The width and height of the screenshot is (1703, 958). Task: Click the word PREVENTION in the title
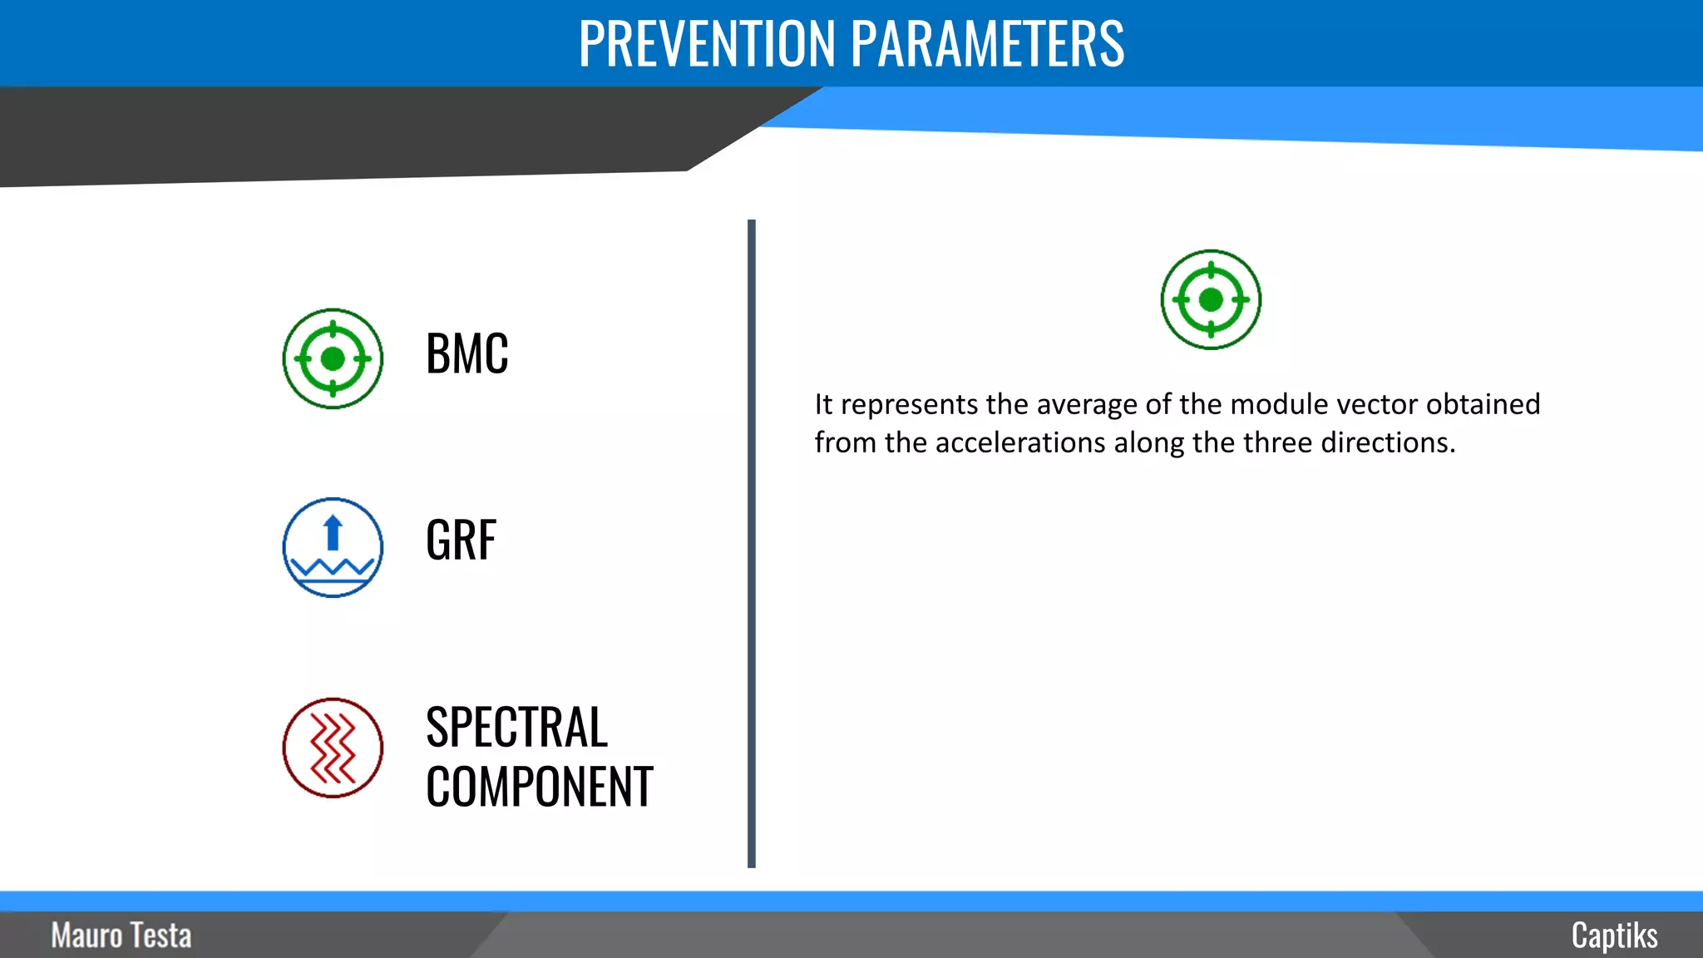pos(707,43)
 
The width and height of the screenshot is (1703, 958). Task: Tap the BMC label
pos(466,354)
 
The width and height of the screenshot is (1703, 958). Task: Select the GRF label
pos(461,541)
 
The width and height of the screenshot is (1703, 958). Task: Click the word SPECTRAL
pos(516,728)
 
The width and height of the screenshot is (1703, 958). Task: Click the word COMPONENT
pos(539,787)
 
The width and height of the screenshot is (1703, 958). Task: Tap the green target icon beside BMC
pos(333,358)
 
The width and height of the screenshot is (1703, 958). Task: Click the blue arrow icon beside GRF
pos(333,547)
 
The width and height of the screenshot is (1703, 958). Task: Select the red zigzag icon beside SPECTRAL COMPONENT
pos(333,748)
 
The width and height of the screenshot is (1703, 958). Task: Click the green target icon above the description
pos(1211,299)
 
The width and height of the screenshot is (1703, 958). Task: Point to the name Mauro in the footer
pos(86,936)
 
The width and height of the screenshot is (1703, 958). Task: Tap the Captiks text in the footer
pos(1614,936)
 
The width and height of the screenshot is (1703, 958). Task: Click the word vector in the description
pos(1377,405)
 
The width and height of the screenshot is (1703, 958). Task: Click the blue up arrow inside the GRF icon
pos(333,532)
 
